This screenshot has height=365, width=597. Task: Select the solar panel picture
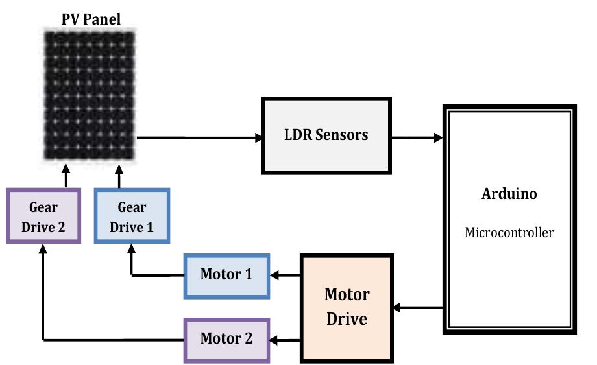pyautogui.click(x=90, y=96)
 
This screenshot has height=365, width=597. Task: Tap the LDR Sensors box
pyautogui.click(x=326, y=135)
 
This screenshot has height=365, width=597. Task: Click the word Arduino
pyautogui.click(x=509, y=194)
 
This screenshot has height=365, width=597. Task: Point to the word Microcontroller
pyautogui.click(x=509, y=233)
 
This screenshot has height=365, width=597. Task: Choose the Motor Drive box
pyautogui.click(x=347, y=307)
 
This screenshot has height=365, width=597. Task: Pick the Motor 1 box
pyautogui.click(x=226, y=275)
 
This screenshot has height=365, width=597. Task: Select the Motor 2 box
pyautogui.click(x=226, y=339)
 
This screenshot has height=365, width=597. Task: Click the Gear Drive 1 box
pyautogui.click(x=132, y=216)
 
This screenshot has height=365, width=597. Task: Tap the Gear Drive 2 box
pyautogui.click(x=43, y=216)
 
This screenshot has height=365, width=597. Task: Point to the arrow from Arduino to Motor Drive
pyautogui.click(x=418, y=307)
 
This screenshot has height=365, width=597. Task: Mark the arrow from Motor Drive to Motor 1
pyautogui.click(x=286, y=276)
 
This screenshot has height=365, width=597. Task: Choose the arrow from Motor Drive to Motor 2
pyautogui.click(x=286, y=339)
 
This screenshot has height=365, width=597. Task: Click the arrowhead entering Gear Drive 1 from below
pyautogui.click(x=132, y=249)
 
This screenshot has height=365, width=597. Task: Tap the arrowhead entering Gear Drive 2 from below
pyautogui.click(x=43, y=249)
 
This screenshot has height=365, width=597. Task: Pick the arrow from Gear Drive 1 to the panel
pyautogui.click(x=119, y=176)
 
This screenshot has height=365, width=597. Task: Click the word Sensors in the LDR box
pyautogui.click(x=343, y=135)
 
